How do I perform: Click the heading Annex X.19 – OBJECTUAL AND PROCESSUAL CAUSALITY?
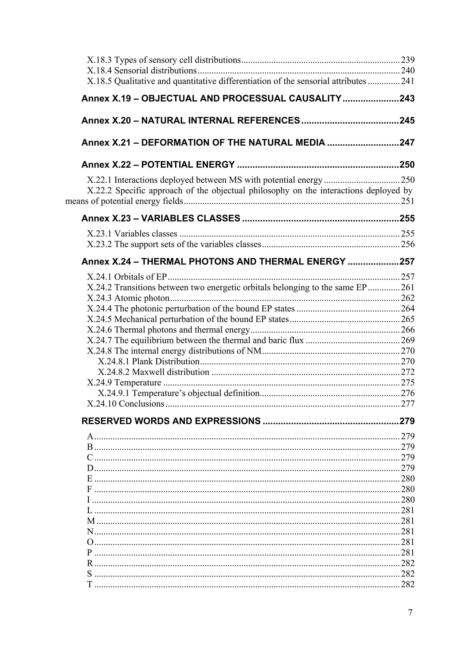211,99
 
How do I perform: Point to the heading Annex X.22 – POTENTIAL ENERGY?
158,165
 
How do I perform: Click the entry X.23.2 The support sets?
174,244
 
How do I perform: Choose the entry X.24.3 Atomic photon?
128,298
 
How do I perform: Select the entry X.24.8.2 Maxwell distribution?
153,372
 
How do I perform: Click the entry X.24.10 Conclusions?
125,404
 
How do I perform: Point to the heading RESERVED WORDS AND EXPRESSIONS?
171,421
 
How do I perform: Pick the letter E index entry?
90,479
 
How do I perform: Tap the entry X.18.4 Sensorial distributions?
142,71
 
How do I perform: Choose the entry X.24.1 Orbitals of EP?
127,277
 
